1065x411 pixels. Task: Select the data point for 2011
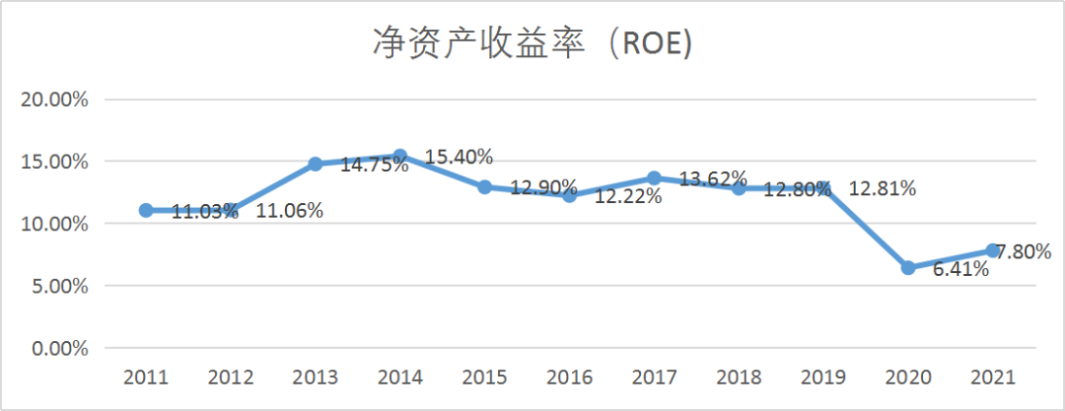146,210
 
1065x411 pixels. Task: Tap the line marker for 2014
400,156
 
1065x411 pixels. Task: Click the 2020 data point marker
908,268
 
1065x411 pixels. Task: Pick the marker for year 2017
654,178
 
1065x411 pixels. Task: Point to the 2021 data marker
992,250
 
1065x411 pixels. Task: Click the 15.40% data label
459,157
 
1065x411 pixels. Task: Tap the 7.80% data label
1024,251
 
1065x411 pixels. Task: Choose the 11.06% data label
289,211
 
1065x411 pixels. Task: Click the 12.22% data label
627,197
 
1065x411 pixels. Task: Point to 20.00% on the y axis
55,100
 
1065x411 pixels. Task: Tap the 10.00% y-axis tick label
55,224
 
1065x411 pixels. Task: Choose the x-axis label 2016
569,377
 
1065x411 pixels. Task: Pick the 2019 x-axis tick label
823,377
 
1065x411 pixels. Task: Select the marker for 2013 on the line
316,164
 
